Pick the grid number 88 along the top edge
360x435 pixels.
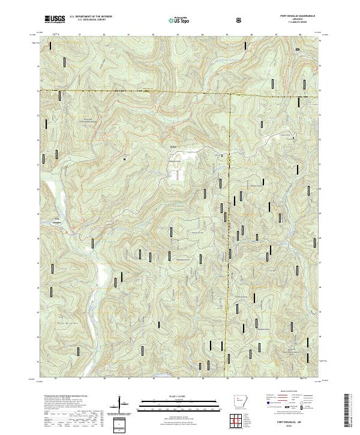tap(300, 35)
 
